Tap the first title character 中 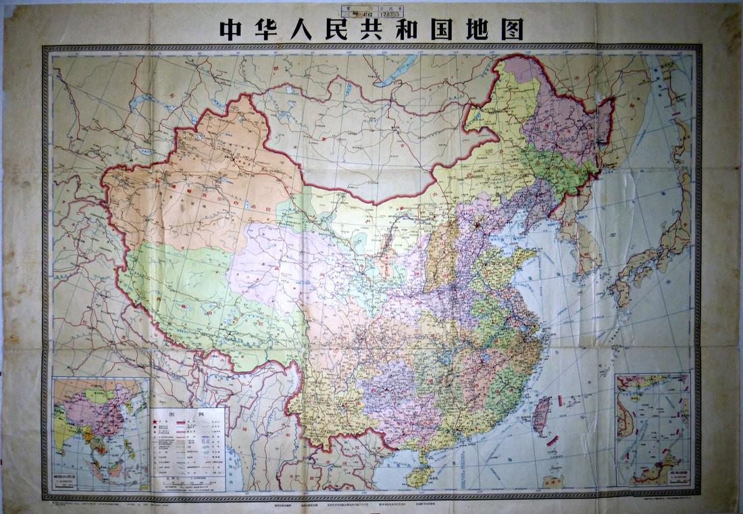pos(230,28)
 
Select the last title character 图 pos(512,28)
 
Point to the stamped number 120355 pos(392,11)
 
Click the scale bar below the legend pos(187,483)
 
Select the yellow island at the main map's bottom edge pos(553,482)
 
